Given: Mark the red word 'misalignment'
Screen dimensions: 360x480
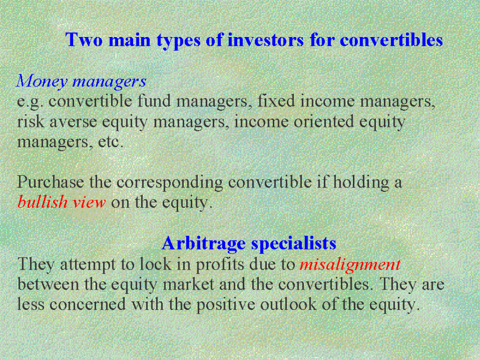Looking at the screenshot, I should point(350,265).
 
